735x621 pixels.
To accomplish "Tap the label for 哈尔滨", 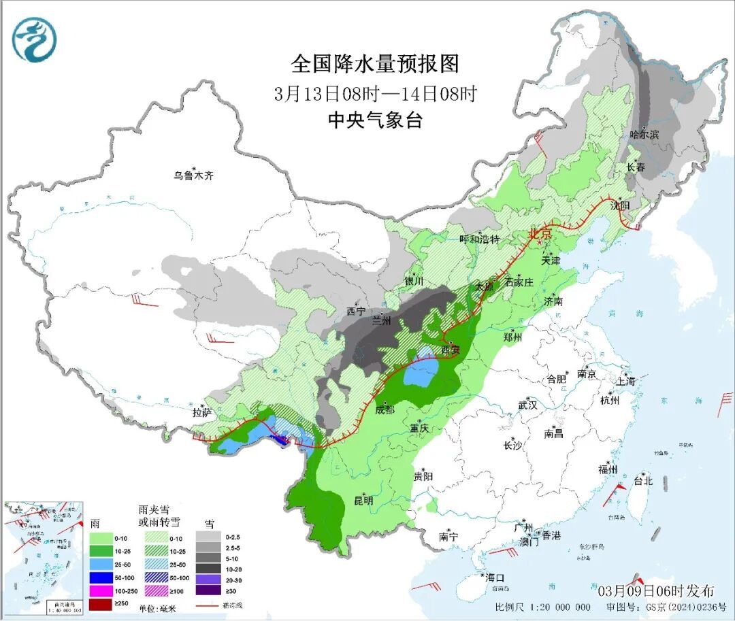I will coord(644,135).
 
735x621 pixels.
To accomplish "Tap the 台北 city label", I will coord(642,481).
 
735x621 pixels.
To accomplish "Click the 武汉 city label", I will coord(527,405).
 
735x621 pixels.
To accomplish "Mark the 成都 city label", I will coord(385,409).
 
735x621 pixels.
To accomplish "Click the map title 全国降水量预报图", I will coord(375,64).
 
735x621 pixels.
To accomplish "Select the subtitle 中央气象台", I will coord(375,120).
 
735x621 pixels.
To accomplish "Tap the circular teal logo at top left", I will coord(34,39).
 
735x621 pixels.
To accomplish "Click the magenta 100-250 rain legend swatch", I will coord(101,590).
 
